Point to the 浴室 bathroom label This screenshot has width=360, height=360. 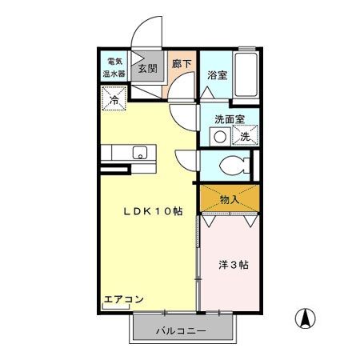217,75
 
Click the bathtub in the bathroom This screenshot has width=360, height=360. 246,77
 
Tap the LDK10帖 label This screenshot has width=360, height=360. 152,212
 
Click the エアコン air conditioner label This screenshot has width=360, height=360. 123,300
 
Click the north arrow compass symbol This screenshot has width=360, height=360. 305,318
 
